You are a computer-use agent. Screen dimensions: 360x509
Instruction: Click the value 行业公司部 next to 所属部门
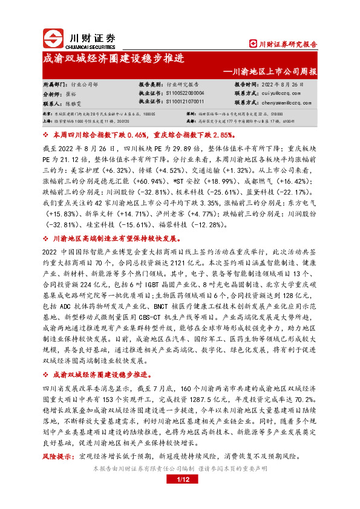tap(85, 85)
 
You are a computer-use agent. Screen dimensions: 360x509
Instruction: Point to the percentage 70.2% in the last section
tap(304, 398)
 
